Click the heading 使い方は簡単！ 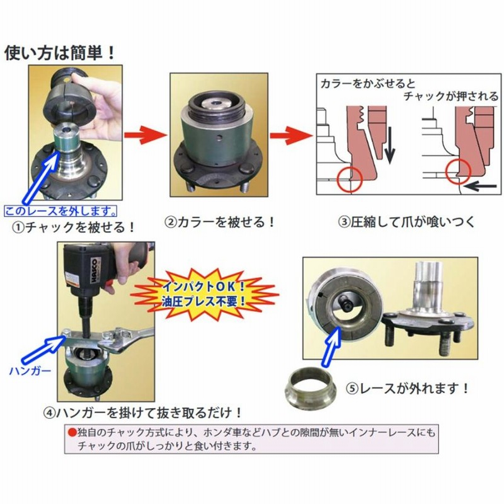60,53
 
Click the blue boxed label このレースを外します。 60,211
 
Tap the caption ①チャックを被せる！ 73,227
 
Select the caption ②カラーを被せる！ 220,222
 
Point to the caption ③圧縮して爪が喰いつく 406,222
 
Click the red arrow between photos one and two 145,135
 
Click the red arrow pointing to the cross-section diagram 291,135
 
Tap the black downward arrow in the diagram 389,145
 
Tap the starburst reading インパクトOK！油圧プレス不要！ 204,294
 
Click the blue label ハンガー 30,371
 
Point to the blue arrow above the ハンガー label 44,350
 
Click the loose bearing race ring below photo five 311,387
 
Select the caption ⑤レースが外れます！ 407,389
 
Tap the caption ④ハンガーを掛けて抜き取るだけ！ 143,413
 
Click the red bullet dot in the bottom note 72,432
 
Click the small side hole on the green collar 219,138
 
